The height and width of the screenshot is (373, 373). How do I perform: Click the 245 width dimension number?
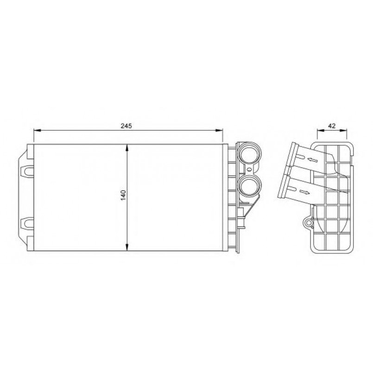[x=126, y=126]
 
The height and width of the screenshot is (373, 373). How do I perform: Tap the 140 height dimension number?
[x=123, y=195]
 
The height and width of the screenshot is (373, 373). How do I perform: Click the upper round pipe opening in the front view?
[x=249, y=154]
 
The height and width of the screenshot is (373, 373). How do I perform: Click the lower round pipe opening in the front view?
[x=249, y=186]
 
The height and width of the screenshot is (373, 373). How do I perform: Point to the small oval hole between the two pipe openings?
[x=249, y=170]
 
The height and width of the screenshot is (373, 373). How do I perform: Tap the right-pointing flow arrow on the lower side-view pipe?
[x=305, y=191]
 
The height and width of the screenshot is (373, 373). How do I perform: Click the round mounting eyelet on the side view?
[x=309, y=223]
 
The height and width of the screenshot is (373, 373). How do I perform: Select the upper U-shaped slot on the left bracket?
[x=28, y=171]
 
